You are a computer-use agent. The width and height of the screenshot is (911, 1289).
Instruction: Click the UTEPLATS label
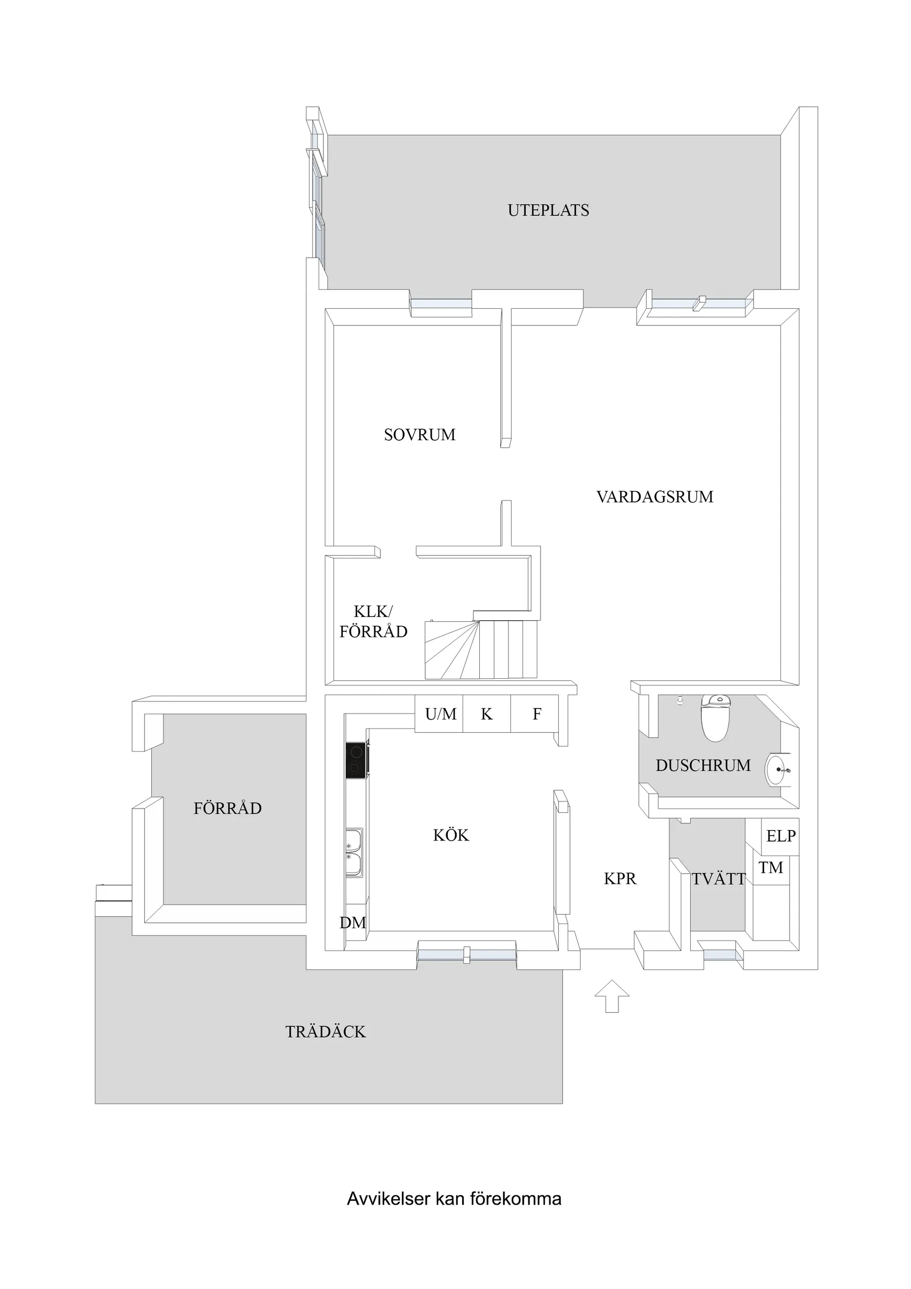548,210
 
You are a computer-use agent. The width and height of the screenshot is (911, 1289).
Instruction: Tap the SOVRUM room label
419,435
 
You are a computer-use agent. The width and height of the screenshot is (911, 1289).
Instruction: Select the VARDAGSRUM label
654,497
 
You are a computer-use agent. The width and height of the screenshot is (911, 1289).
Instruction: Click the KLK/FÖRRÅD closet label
373,621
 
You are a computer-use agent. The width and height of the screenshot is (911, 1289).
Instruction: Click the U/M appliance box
440,714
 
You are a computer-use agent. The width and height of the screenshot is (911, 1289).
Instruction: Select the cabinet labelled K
486,714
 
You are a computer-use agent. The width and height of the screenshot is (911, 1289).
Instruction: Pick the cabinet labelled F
537,714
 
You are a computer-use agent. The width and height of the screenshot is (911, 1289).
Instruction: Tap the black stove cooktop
356,760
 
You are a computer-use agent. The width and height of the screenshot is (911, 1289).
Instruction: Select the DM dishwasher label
352,922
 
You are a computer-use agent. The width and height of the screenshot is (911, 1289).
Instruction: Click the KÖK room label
451,836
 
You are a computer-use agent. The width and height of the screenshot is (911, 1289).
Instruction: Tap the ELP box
780,836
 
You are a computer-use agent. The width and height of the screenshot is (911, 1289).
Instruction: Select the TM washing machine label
771,868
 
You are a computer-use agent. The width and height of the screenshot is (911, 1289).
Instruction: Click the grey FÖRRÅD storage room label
227,809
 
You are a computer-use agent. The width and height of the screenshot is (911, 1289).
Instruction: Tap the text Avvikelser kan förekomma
454,1199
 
